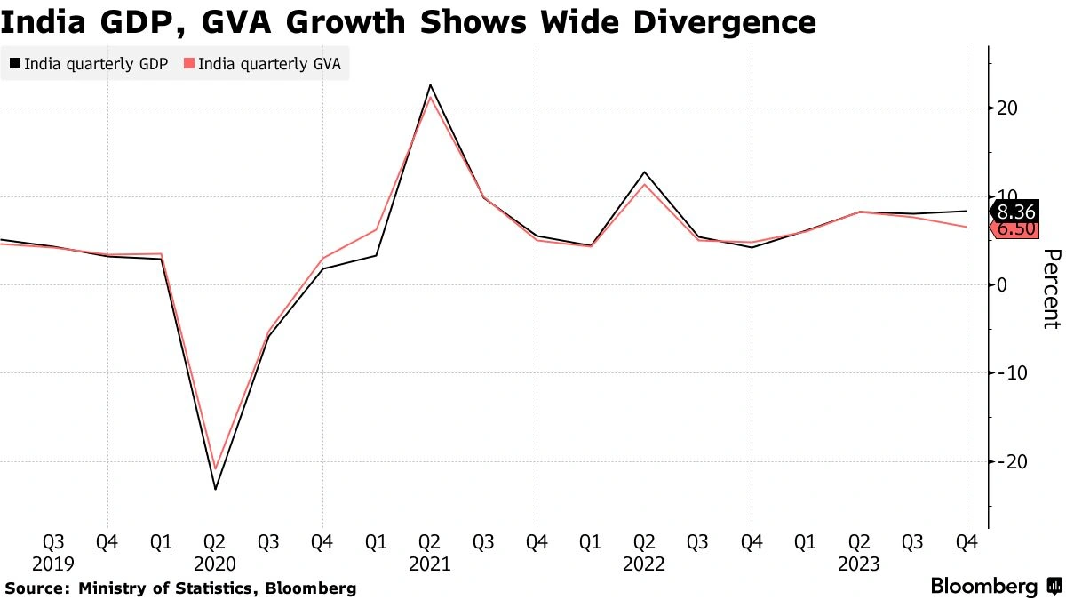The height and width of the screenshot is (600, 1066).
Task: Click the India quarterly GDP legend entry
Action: [x=88, y=64]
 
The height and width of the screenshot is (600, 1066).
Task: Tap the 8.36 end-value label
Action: [x=1015, y=212]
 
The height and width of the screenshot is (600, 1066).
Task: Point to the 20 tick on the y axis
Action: [x=1007, y=108]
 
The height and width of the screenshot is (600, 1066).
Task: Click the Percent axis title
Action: [x=1051, y=289]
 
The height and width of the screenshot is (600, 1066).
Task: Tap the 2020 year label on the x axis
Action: [x=215, y=564]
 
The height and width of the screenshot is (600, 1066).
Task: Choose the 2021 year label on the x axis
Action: [x=430, y=564]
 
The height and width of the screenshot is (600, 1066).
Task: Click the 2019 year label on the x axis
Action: [x=53, y=564]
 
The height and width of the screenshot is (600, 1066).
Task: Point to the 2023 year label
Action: [x=858, y=564]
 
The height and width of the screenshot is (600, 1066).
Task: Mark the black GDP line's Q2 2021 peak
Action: [x=430, y=85]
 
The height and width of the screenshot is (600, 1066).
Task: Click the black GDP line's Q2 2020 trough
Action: [x=215, y=489]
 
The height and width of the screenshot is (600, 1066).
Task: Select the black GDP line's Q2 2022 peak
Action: [x=644, y=172]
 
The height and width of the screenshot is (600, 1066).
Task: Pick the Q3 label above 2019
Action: [x=53, y=542]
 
